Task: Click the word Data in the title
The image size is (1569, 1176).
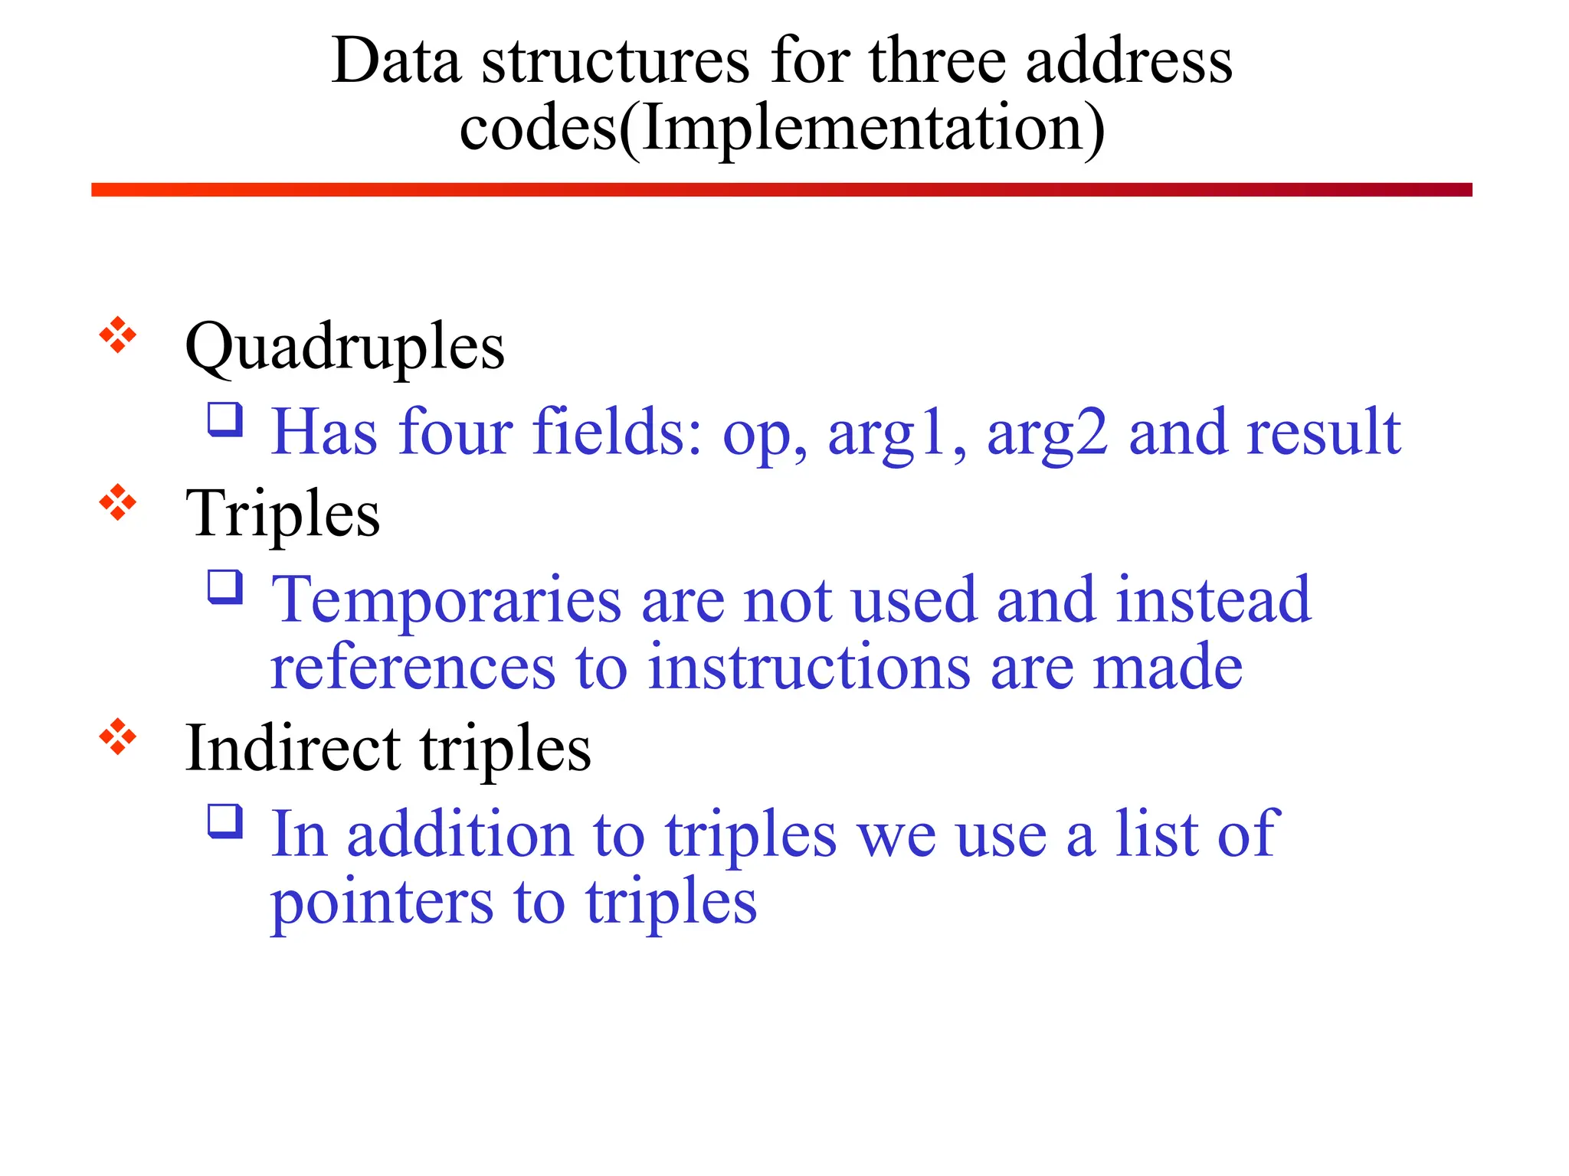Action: (x=396, y=61)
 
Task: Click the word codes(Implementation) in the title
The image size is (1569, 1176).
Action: (x=782, y=129)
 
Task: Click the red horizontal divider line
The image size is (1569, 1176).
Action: (x=781, y=190)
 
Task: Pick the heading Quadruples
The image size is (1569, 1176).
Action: (x=345, y=346)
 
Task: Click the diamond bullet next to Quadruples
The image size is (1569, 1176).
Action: (x=118, y=335)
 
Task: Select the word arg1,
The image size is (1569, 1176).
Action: (x=897, y=433)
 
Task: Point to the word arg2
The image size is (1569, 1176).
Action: (x=1047, y=433)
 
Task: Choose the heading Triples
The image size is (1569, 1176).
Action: (x=283, y=514)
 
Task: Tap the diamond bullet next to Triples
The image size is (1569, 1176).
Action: (x=118, y=502)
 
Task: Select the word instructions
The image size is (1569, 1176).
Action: (x=809, y=668)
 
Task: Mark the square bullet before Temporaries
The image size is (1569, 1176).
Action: (x=225, y=587)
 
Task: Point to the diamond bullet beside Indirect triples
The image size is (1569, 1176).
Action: (x=118, y=737)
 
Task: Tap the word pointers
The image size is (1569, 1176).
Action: (x=382, y=903)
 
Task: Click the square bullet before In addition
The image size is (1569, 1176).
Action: (x=225, y=821)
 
